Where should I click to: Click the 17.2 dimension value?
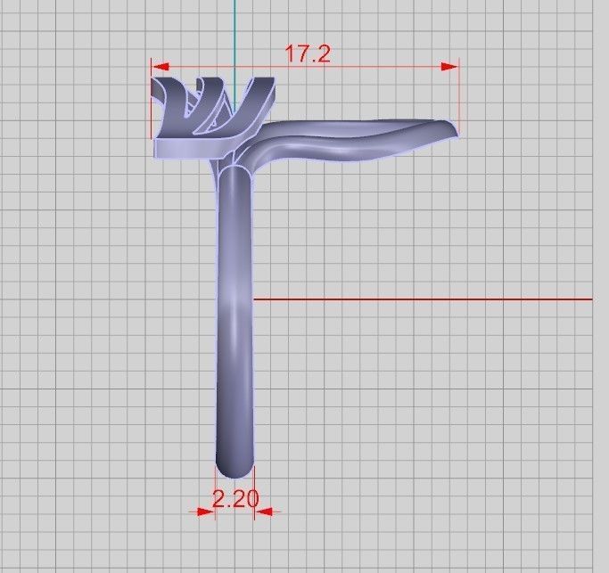tap(308, 53)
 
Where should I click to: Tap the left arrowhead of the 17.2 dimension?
tap(156, 65)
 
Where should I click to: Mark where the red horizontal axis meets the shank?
tap(254, 299)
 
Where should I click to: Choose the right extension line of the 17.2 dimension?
tap(459, 94)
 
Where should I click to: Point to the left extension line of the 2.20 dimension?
tap(216, 495)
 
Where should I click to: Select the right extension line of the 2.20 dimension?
tap(256, 495)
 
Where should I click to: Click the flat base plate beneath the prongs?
tap(192, 148)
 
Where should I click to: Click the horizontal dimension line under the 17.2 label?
tap(374, 65)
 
